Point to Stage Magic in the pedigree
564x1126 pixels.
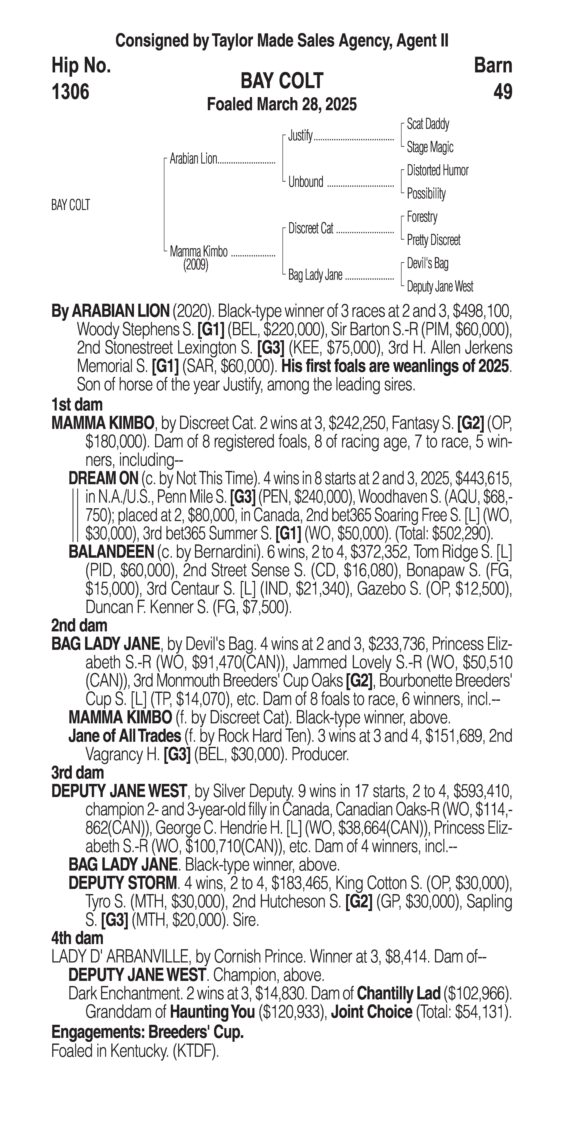pyautogui.click(x=430, y=147)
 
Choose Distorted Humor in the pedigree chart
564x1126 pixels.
pyautogui.click(x=437, y=170)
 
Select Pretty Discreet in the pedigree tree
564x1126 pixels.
pyautogui.click(x=433, y=240)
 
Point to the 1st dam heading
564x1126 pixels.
pyautogui.click(x=77, y=405)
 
